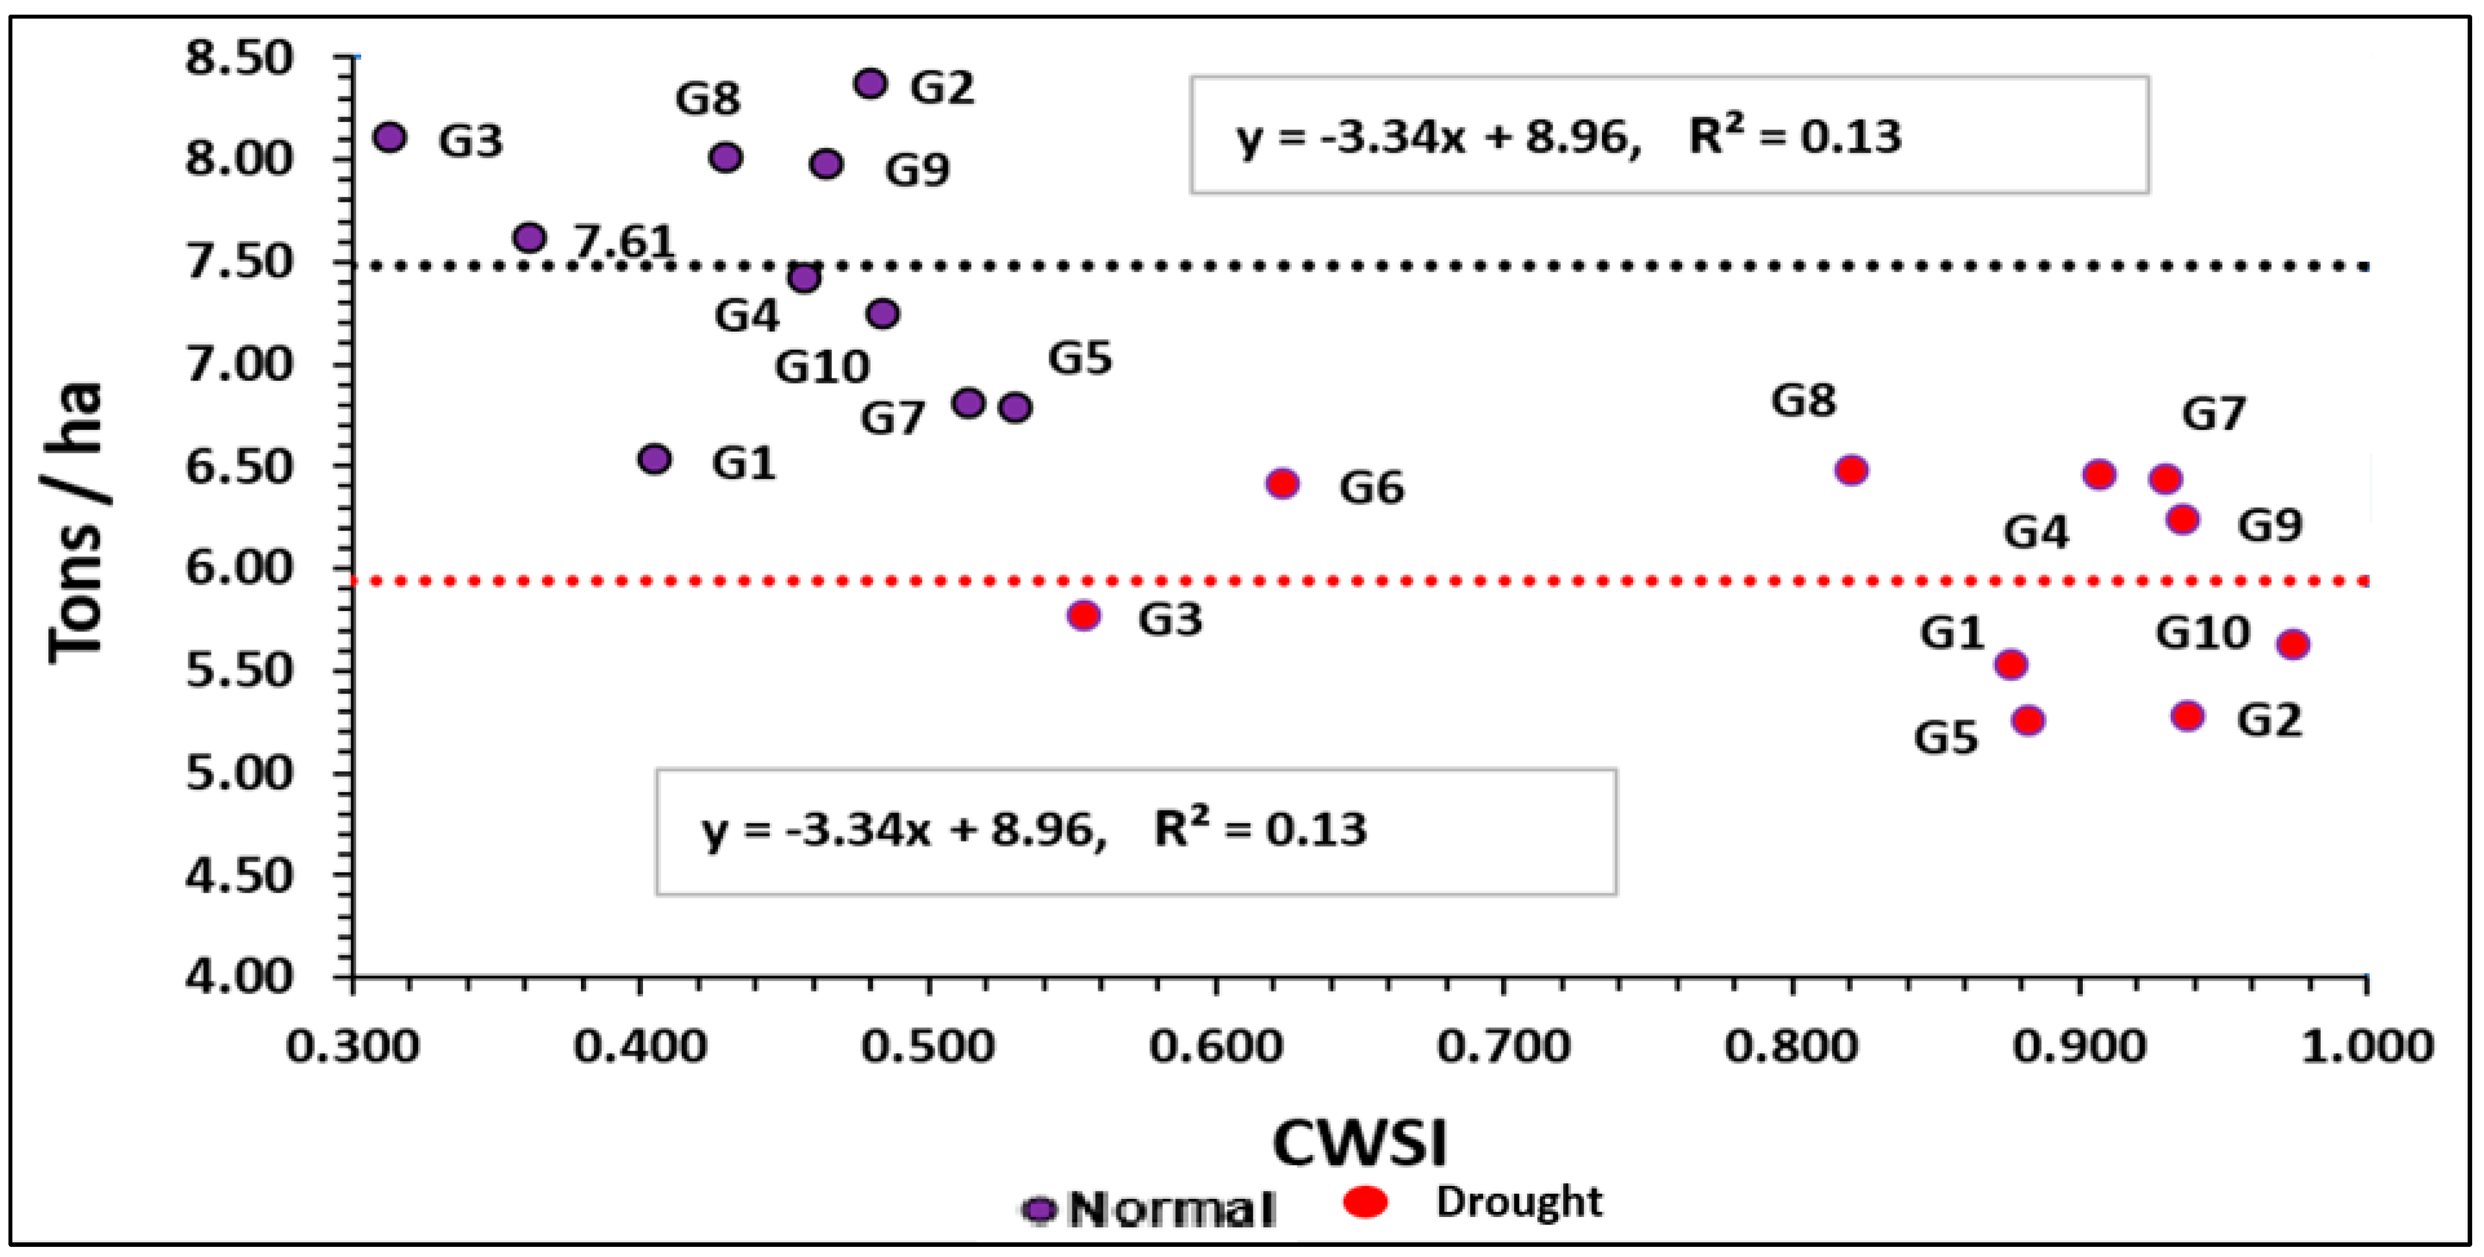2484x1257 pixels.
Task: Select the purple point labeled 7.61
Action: [529, 237]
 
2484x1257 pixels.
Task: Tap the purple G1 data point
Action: [655, 459]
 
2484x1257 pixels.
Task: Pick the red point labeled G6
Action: [1281, 483]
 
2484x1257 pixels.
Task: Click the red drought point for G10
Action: [2292, 645]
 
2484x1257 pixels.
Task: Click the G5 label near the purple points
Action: [1080, 359]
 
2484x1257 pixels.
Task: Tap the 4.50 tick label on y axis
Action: [238, 876]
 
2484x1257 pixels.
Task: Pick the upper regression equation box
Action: [1669, 135]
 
